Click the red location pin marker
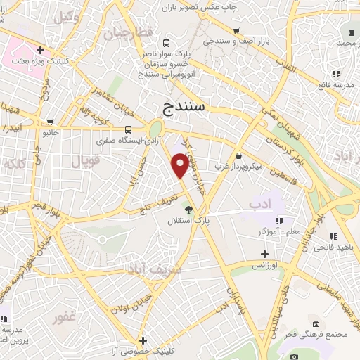click(x=180, y=165)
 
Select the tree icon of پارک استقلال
click(x=188, y=209)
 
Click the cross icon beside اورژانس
click(x=264, y=254)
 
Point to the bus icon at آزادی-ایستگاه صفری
click(x=128, y=129)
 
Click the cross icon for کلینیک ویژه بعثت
click(x=41, y=51)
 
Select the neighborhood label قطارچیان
click(x=127, y=33)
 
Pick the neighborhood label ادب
click(x=259, y=203)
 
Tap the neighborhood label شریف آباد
click(x=154, y=269)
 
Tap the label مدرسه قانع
click(x=337, y=85)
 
